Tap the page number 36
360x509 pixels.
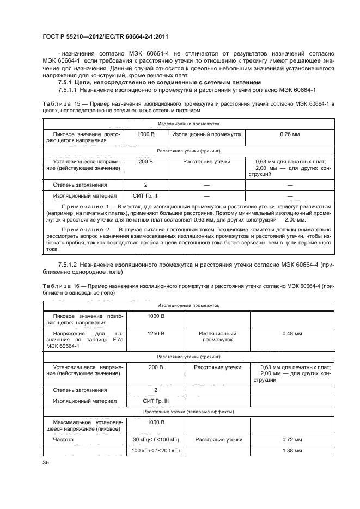46,463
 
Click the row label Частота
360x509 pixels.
62,439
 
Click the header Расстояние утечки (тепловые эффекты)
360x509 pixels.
188,412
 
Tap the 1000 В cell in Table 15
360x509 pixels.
146,133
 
